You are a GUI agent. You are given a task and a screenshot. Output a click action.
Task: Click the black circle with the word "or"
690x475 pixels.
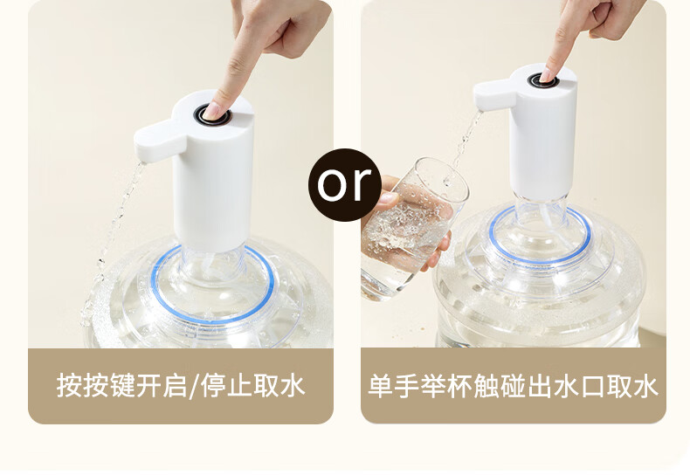pyautogui.click(x=345, y=185)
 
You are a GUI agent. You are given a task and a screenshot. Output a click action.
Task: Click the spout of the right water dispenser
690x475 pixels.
pyautogui.click(x=493, y=94)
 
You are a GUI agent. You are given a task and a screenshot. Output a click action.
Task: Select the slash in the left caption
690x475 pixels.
pyautogui.click(x=193, y=386)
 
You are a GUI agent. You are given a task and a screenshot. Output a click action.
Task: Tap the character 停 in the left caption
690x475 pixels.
pyautogui.click(x=214, y=386)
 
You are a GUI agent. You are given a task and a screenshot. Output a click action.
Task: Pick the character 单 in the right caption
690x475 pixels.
pyautogui.click(x=381, y=386)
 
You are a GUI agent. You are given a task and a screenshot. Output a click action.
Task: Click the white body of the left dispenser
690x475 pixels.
pyautogui.click(x=213, y=185)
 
